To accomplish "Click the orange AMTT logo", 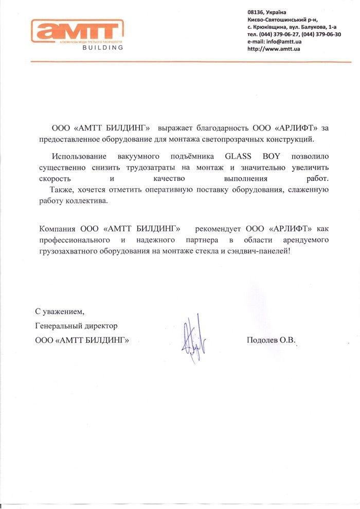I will tap(77, 30).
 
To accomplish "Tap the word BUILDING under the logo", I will tap(102, 48).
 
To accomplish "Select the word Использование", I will tap(78, 156).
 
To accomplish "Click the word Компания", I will tap(58, 228).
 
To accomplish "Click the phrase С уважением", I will tap(59, 312).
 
